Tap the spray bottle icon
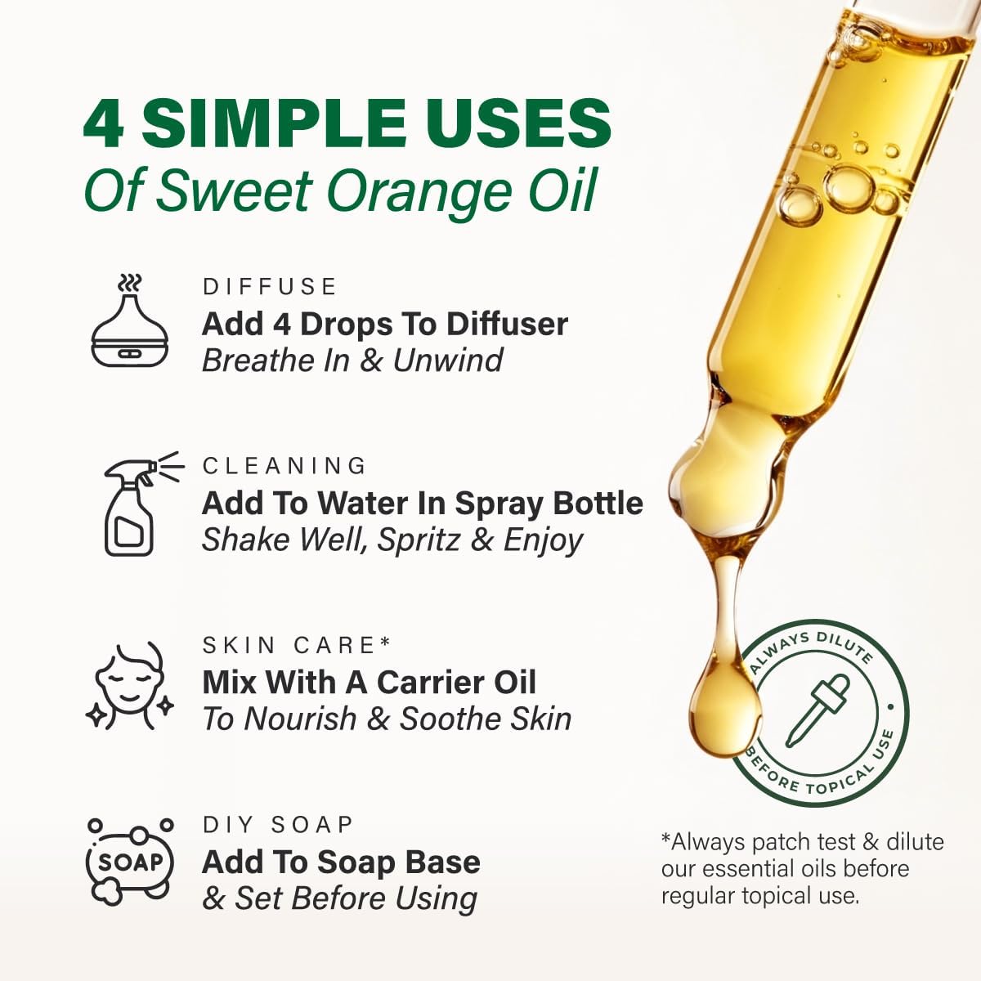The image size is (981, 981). click(x=143, y=504)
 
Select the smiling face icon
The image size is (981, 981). click(x=130, y=685)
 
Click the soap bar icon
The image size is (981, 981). click(x=130, y=862)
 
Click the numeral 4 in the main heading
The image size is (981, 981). click(x=104, y=123)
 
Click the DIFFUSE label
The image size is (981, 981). click(x=269, y=287)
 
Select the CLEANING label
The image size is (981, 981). click(x=284, y=466)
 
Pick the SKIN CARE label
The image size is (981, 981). click(x=297, y=645)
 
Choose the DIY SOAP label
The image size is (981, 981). click(x=278, y=824)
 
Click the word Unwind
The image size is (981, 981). click(x=448, y=361)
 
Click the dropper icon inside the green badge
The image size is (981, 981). click(x=818, y=711)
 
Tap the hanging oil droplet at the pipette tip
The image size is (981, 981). click(x=724, y=697)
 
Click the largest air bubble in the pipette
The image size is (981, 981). click(x=849, y=188)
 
